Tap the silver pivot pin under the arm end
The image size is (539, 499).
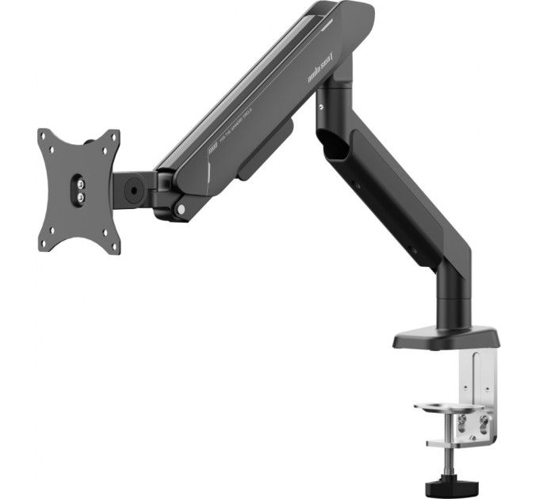click(x=182, y=209)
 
